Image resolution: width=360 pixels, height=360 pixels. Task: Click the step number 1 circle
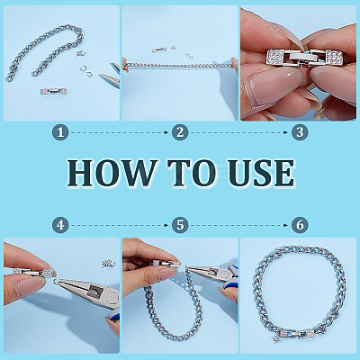pos(60,132)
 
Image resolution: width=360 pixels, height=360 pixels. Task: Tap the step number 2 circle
pos(180,132)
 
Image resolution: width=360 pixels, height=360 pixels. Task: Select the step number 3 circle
pos(300,132)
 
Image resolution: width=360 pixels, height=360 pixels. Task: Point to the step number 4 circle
pos(60,225)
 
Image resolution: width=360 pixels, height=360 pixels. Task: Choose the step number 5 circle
pos(180,225)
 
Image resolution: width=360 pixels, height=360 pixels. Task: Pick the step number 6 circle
pos(300,225)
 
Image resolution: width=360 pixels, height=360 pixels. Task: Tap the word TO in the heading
pos(192,173)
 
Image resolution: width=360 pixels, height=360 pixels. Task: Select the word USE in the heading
pos(261,173)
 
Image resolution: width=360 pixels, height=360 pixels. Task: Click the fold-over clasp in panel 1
pos(53,91)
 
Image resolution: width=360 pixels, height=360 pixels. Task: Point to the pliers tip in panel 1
pos(99,76)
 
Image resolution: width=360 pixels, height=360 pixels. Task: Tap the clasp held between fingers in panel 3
pos(304,58)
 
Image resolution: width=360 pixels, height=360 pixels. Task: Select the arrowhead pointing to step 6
pos(286,225)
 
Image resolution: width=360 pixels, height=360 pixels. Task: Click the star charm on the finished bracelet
pos(275,339)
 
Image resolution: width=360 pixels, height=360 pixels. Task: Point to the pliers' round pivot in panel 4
pos(112,297)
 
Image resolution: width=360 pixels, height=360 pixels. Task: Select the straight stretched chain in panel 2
pos(179,66)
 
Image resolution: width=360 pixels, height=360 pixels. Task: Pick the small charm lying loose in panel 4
pos(107,264)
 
